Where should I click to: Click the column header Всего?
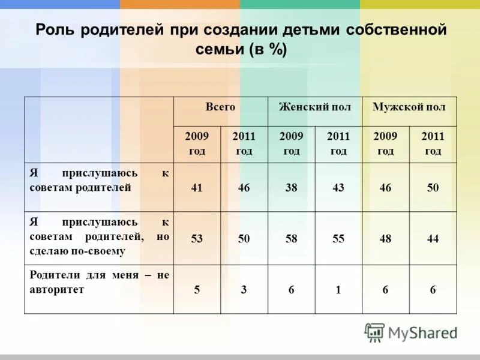tap(220, 107)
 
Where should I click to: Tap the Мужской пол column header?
tap(409, 107)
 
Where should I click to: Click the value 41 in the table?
tap(197, 188)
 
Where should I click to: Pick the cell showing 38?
tap(292, 188)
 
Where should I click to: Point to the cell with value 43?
tap(338, 188)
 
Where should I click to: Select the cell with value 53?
tap(197, 239)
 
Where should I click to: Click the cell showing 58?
tap(292, 239)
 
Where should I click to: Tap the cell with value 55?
tap(338, 239)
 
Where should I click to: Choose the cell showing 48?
tap(385, 239)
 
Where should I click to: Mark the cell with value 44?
tap(433, 239)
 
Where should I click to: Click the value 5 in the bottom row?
tap(197, 290)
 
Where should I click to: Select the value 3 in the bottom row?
tap(244, 290)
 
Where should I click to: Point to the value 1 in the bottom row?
tap(338, 290)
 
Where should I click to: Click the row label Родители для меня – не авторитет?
tap(99, 282)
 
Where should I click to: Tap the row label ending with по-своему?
tap(99, 237)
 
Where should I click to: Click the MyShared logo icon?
tap(374, 332)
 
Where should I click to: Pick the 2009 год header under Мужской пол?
tap(385, 144)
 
